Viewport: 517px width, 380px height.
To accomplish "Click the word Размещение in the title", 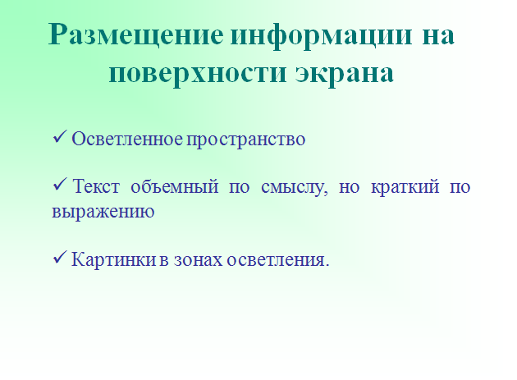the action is (136, 35).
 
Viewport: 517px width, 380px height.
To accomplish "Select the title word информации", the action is (322, 35).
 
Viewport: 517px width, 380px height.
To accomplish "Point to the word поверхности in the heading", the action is (197, 73).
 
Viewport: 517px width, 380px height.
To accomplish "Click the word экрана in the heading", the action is (344, 73).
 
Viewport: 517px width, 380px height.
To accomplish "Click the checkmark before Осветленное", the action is (60, 136).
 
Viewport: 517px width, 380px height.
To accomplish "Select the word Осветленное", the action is (127, 139).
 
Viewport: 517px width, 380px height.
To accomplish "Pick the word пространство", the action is (246, 140).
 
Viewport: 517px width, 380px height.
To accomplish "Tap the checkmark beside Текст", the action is (60, 184).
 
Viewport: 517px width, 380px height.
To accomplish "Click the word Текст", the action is (96, 186).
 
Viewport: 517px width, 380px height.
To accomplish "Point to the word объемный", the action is (175, 186).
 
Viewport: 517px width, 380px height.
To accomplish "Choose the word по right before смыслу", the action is (239, 187).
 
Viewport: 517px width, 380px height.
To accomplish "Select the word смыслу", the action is (295, 188).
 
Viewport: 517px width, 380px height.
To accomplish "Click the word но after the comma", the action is (349, 187).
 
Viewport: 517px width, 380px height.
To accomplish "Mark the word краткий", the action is (405, 187).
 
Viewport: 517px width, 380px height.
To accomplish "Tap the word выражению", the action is (103, 212).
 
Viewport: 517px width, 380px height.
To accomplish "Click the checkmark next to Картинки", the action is (60, 257).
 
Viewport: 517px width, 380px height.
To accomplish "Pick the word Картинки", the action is (114, 259).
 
